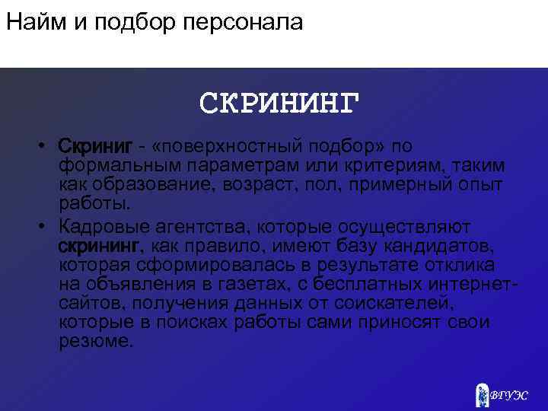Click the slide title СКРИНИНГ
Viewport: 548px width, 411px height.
pos(279,103)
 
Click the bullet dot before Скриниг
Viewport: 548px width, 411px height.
pos(46,146)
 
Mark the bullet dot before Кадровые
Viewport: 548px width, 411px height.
pos(46,228)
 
